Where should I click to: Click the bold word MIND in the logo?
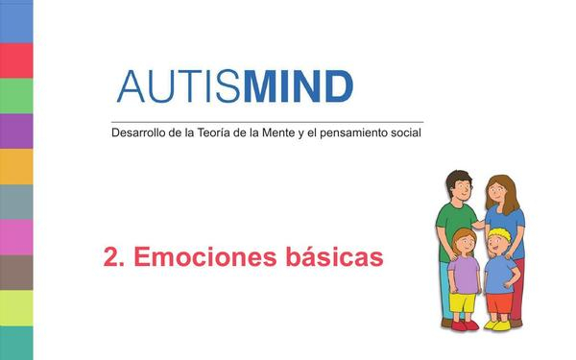(299, 86)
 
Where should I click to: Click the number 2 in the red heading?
(110, 257)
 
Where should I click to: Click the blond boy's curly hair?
(497, 235)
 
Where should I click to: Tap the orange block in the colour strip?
(16, 166)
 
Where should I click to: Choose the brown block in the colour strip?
(16, 273)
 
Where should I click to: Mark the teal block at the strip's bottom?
(16, 342)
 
